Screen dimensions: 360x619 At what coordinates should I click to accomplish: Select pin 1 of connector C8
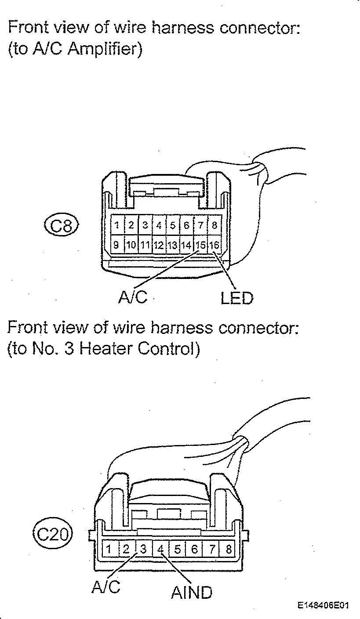coord(117,225)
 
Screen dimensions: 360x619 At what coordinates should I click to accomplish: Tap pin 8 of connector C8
coord(215,225)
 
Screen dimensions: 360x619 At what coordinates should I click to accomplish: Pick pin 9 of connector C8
coord(117,245)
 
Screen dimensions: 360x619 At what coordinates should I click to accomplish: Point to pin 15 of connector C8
coord(201,245)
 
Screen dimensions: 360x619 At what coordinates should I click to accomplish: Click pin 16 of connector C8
coord(215,245)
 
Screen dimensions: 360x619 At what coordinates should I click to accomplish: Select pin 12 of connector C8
coord(159,245)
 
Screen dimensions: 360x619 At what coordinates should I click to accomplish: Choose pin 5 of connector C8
coord(173,225)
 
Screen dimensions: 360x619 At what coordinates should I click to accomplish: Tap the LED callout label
coord(237,298)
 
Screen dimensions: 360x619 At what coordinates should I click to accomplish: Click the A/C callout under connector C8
coord(133,297)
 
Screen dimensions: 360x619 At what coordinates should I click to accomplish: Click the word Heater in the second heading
coord(106,349)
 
